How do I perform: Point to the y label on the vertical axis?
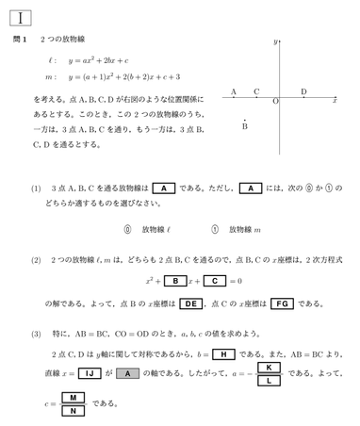coord(275,42)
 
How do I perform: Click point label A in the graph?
coord(234,91)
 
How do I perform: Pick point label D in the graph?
coord(303,91)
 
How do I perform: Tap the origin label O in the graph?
coord(274,101)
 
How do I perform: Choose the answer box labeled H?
coord(223,354)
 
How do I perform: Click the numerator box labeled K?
coord(269,367)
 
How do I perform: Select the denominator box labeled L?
coord(269,381)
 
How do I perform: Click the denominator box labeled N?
coord(73,412)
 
